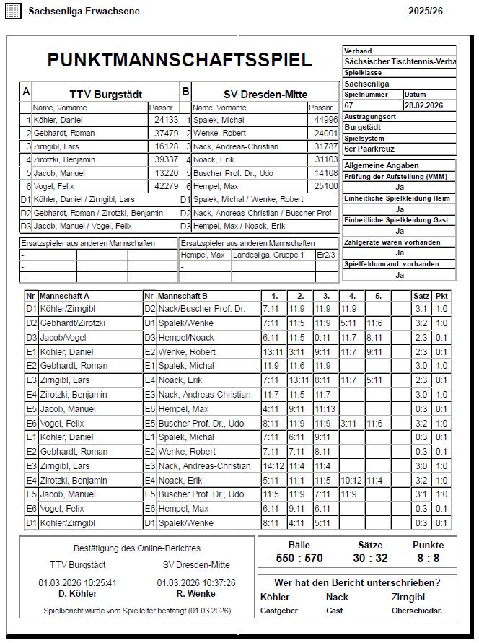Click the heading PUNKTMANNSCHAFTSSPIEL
[x=180, y=61]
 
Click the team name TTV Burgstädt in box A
[x=105, y=94]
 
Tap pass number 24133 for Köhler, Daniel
[x=166, y=120]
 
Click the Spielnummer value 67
[x=349, y=105]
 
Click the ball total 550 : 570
[x=299, y=558]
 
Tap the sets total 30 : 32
[x=370, y=558]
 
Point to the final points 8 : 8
[x=428, y=558]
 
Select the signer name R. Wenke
[x=195, y=594]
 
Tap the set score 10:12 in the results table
[x=351, y=481]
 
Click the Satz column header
[x=421, y=296]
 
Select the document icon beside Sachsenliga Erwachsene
[x=13, y=12]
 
